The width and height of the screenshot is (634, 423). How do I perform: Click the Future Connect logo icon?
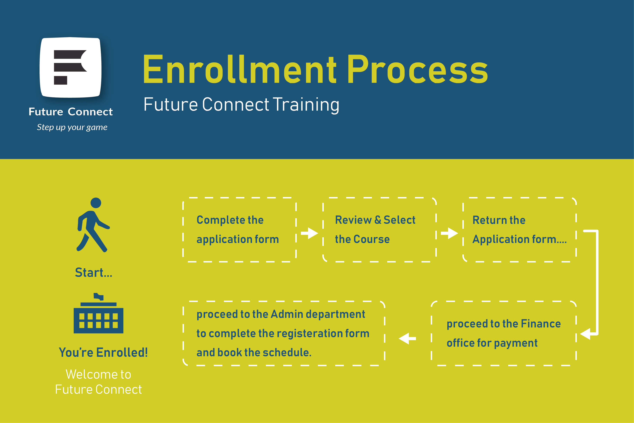(71, 67)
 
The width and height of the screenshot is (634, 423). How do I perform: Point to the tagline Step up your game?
(72, 127)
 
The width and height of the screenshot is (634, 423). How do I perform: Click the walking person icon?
(93, 225)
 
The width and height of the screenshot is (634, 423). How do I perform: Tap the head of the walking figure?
(96, 203)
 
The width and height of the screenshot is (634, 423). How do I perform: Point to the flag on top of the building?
(98, 296)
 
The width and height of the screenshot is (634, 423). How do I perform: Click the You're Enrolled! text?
(103, 352)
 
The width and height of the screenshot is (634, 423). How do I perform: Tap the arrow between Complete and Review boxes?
(309, 233)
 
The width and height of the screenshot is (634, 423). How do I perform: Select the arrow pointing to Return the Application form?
(449, 233)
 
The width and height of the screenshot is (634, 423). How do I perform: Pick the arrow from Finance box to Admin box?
(407, 338)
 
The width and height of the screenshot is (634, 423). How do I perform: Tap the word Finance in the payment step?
(541, 324)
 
